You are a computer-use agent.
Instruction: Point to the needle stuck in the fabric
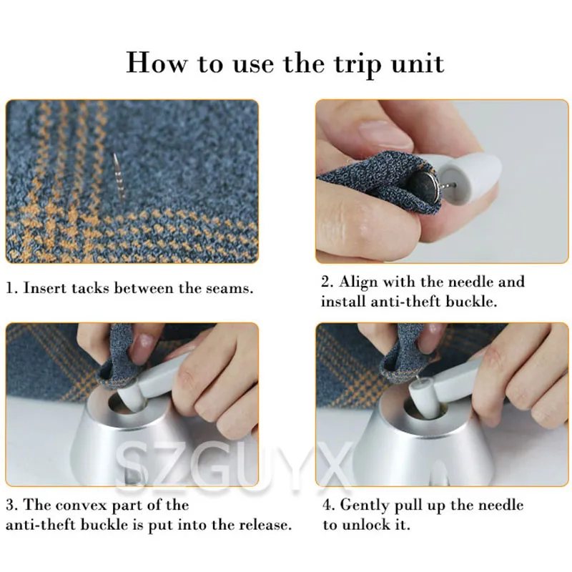point(119,177)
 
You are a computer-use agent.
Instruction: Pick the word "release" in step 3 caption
point(265,525)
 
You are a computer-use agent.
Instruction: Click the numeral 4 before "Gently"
point(327,506)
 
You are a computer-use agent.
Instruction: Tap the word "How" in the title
point(156,63)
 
